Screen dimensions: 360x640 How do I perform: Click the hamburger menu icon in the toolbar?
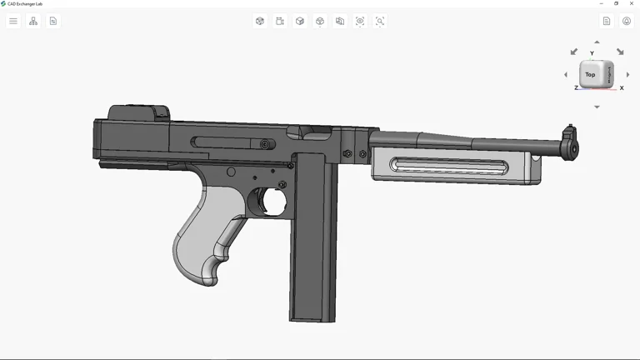click(x=13, y=21)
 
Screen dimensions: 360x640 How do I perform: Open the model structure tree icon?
click(x=33, y=21)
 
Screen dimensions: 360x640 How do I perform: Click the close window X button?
click(x=631, y=3)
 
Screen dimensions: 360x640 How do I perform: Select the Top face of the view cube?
click(x=590, y=74)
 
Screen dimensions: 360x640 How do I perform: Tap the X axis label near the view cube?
click(x=622, y=87)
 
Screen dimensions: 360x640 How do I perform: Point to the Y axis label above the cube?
click(x=592, y=53)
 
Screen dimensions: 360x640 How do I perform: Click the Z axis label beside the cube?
click(x=576, y=87)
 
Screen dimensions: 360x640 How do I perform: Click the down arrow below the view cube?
click(x=597, y=107)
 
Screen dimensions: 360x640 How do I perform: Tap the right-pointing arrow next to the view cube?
click(x=627, y=74)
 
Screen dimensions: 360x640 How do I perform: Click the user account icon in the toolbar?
click(x=627, y=21)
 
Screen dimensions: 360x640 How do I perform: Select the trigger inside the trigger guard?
click(x=265, y=202)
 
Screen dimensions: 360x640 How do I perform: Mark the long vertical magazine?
click(x=312, y=242)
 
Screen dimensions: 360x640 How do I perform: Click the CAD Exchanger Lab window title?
click(x=25, y=3)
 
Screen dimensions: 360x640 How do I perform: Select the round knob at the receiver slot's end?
click(x=265, y=144)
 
